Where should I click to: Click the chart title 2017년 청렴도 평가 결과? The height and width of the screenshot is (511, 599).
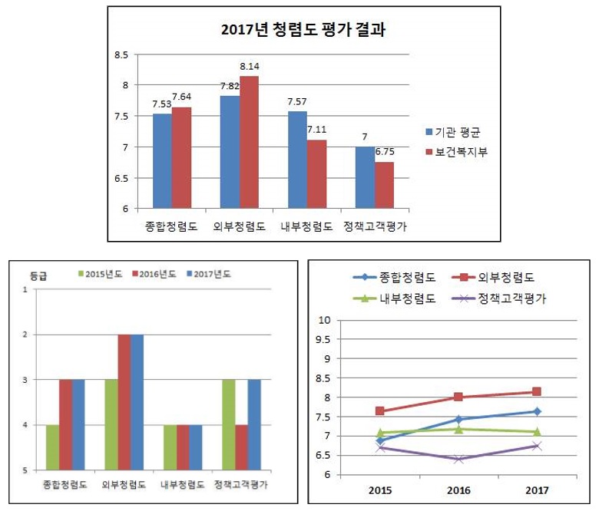click(x=302, y=31)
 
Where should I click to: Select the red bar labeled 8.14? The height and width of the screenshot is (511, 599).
click(x=249, y=142)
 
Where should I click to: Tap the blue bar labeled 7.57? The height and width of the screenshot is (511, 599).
click(x=297, y=160)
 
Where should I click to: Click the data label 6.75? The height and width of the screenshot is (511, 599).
click(x=384, y=153)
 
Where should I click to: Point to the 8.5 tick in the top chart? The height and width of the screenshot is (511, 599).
click(x=121, y=55)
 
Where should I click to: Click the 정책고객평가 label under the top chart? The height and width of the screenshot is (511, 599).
click(x=374, y=226)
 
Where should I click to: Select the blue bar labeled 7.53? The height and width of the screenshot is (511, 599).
click(x=162, y=161)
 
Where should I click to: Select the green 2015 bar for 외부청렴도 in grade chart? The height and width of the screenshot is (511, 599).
click(x=111, y=424)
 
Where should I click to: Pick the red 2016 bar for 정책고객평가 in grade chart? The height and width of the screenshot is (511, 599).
click(x=242, y=447)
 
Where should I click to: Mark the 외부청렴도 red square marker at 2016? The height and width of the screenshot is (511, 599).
click(x=458, y=397)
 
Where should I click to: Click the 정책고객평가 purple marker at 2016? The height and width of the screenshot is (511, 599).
click(x=458, y=459)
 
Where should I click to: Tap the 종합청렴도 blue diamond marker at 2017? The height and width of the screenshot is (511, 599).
click(x=537, y=411)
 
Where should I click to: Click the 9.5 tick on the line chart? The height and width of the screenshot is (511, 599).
click(x=323, y=339)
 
